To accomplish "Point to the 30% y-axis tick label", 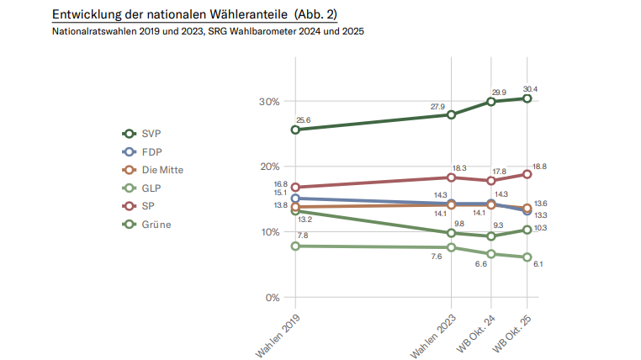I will (x=269, y=102).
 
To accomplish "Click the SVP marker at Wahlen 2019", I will (x=295, y=130).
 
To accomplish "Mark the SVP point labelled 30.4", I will (x=527, y=98).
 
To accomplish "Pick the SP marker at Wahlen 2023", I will (x=452, y=177).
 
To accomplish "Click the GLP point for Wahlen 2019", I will (x=295, y=246).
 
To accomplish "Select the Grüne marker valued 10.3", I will (x=527, y=230).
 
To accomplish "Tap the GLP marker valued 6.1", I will (x=527, y=257).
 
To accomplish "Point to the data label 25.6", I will (x=304, y=120).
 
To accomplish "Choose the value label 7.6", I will (x=437, y=256).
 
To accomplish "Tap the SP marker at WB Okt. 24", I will (x=491, y=181).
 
